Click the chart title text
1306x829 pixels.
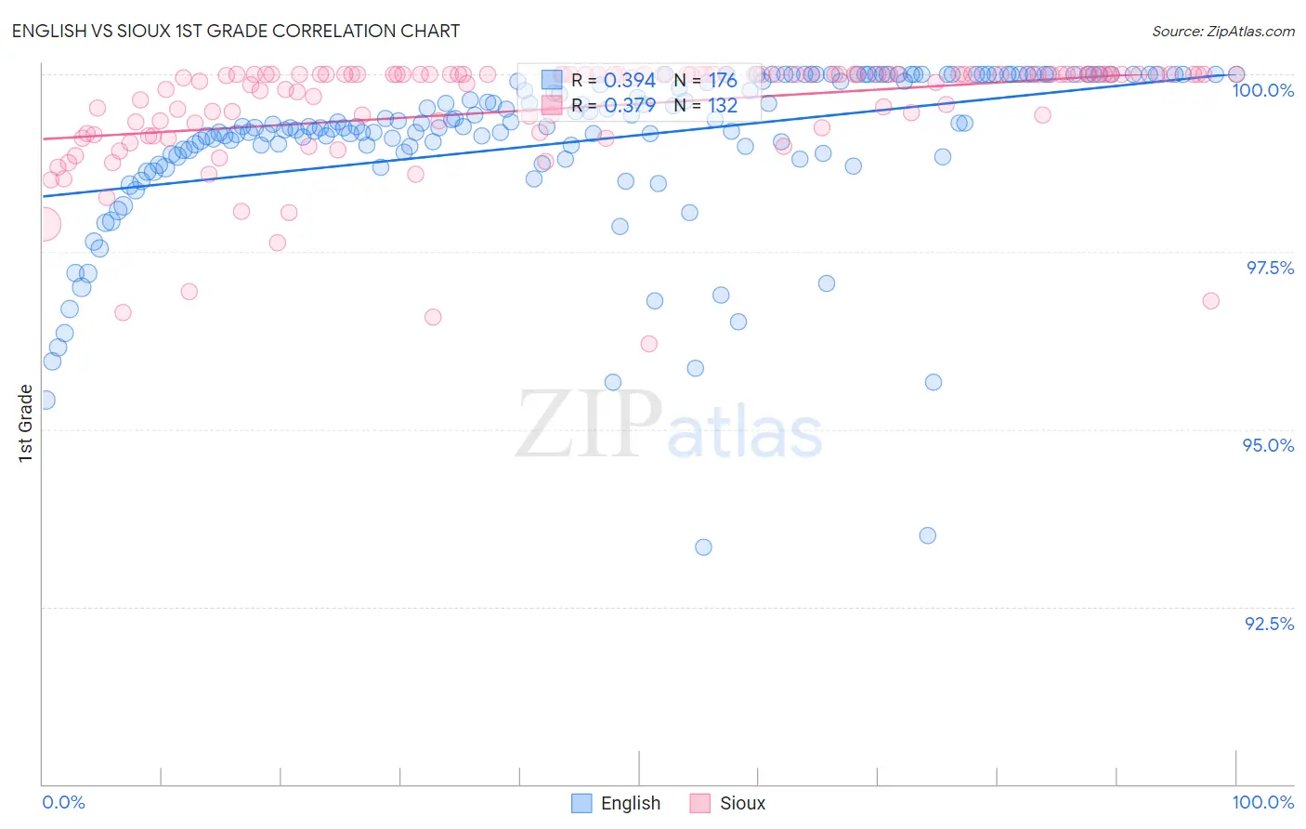[x=235, y=31]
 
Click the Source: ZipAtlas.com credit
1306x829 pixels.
[x=1222, y=31]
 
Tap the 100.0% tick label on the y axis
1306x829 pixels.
[x=1262, y=90]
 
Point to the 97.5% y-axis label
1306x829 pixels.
[x=1270, y=268]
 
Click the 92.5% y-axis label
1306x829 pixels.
[x=1269, y=624]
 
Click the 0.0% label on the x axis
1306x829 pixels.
[x=64, y=802]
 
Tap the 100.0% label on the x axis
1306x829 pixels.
[x=1262, y=802]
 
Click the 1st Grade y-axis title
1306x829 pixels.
[x=26, y=423]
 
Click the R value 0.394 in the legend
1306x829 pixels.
[x=629, y=81]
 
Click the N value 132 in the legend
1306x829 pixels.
[x=723, y=106]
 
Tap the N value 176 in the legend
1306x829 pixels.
[x=723, y=81]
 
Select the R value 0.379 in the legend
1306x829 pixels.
[x=629, y=106]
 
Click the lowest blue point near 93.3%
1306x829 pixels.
[x=703, y=547]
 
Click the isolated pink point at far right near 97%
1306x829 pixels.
[x=1210, y=300]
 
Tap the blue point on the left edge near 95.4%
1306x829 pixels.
[x=46, y=400]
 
